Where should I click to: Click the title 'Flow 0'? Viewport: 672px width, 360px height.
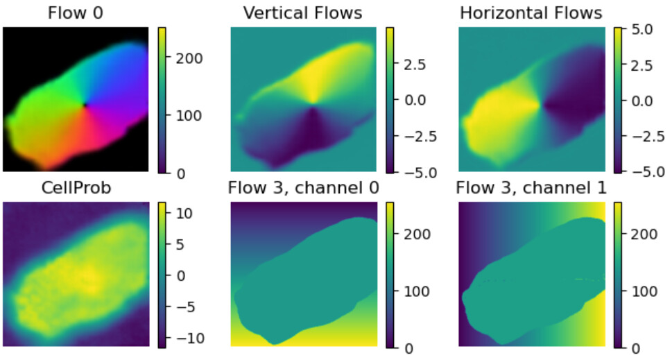(76, 13)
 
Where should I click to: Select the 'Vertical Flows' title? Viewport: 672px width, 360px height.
(303, 13)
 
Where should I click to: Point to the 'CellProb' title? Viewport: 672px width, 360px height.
(76, 188)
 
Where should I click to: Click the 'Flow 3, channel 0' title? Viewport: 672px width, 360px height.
(303, 188)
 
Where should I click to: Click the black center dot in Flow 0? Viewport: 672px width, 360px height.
(85, 105)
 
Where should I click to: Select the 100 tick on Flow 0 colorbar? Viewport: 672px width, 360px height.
(183, 115)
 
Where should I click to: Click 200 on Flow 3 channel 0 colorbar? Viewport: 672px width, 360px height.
(411, 234)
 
